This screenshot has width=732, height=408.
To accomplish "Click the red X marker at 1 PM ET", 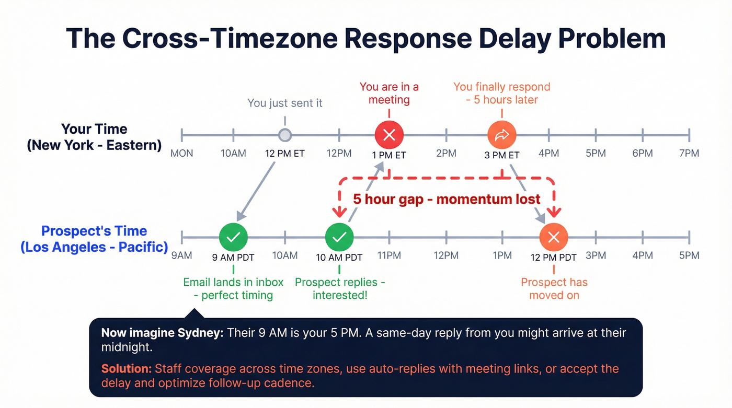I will [x=389, y=135].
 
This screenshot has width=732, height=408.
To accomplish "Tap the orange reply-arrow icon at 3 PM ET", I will [x=501, y=135].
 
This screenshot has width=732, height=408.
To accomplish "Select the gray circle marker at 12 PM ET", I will [x=284, y=135].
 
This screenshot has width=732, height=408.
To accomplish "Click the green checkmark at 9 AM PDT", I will [x=233, y=237].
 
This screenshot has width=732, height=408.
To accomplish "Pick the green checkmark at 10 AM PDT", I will [x=339, y=237].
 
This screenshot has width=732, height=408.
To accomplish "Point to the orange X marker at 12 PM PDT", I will [x=554, y=237].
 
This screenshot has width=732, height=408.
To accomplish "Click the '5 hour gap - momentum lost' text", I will [x=447, y=199].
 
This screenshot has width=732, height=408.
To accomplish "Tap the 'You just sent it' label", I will [x=285, y=103].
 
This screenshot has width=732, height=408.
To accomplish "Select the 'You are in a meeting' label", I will [x=389, y=93].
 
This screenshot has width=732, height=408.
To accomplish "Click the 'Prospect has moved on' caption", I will [x=554, y=288].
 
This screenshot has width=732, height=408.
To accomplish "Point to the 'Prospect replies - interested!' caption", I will [x=340, y=288].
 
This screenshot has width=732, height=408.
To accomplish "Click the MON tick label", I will [x=182, y=154].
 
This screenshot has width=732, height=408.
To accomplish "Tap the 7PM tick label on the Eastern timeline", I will [x=689, y=154].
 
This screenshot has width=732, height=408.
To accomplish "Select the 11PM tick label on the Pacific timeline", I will [x=388, y=255].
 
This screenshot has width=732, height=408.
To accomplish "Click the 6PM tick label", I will [x=642, y=154].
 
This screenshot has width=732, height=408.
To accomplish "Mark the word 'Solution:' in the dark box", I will [x=127, y=369].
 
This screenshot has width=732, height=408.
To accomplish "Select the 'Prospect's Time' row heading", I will [x=94, y=231].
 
